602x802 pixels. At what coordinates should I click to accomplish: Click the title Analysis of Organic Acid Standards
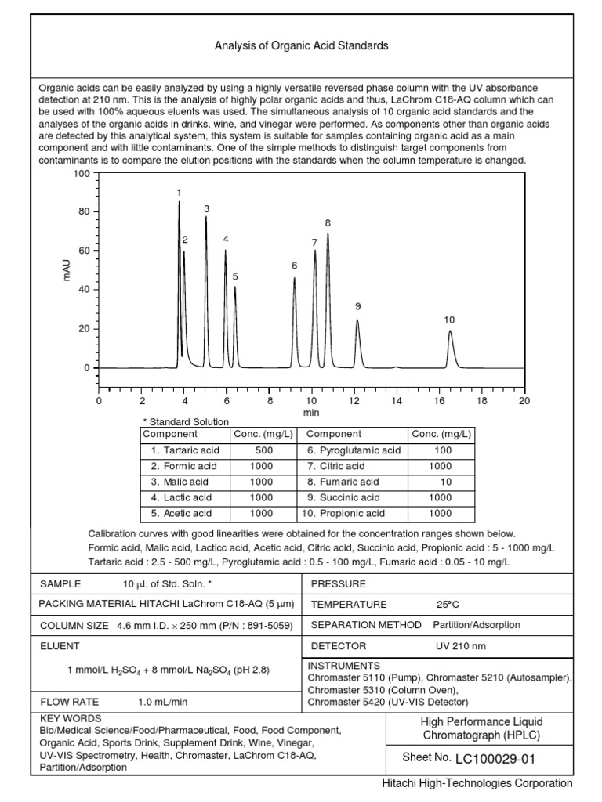[301, 46]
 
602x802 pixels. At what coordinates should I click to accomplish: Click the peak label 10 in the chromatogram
[449, 320]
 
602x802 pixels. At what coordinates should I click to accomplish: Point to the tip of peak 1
[179, 202]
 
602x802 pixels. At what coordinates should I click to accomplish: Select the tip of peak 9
[357, 320]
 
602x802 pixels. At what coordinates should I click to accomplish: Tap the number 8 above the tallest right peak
[328, 223]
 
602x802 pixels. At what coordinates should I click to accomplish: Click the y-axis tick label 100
[82, 173]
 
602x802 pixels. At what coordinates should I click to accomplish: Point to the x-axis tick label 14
[397, 400]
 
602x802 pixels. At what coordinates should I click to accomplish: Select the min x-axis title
[311, 412]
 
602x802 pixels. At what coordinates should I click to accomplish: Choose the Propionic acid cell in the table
[345, 513]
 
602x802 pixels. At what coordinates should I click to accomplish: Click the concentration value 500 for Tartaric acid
[264, 450]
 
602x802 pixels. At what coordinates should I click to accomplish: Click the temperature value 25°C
[448, 605]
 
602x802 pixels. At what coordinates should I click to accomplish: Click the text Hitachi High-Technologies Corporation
[477, 783]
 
